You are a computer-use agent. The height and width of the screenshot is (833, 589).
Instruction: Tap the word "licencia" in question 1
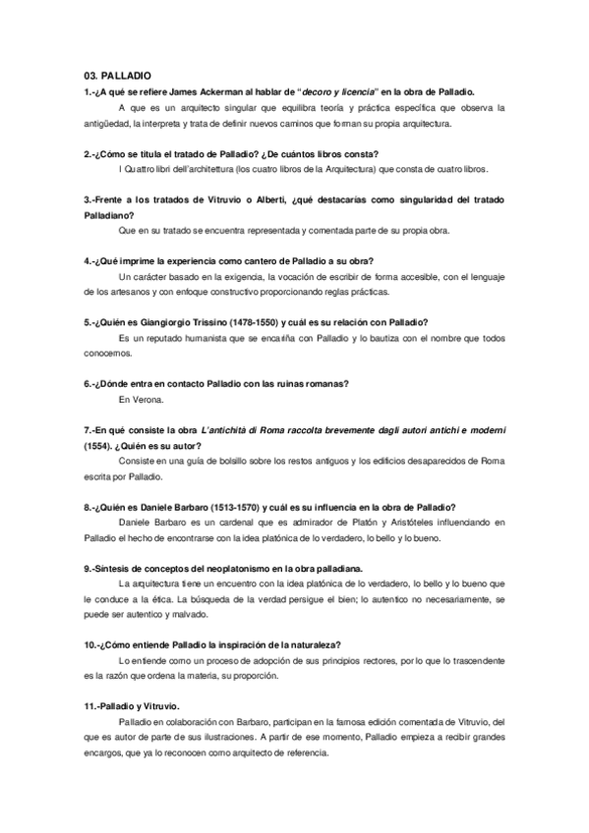(356, 90)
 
